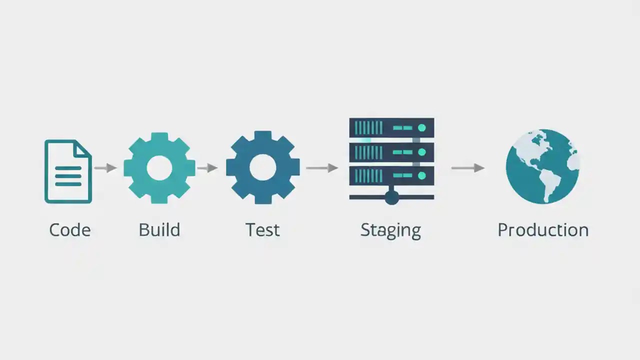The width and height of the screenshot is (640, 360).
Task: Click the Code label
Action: [x=69, y=230]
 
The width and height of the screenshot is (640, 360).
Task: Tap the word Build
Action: [x=159, y=230]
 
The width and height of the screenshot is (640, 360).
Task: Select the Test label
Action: [x=262, y=230]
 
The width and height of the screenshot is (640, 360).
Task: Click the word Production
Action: [x=542, y=230]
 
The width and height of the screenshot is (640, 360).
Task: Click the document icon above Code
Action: [x=68, y=171]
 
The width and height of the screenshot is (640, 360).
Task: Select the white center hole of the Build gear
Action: [x=159, y=168]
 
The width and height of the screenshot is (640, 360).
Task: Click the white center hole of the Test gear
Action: [x=262, y=167]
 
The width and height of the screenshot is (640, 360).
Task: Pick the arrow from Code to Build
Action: [x=105, y=168]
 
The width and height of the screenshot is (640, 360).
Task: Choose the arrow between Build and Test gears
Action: [x=207, y=168]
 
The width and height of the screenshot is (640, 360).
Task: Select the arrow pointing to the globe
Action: [x=468, y=168]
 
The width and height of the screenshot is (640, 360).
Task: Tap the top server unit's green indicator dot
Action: [x=421, y=128]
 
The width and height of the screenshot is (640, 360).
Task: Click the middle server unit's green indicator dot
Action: [x=421, y=151]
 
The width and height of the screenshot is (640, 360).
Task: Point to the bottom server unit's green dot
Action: [x=421, y=175]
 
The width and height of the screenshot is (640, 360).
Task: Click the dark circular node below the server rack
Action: [x=391, y=198]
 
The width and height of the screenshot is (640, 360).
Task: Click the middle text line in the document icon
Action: [x=68, y=176]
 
